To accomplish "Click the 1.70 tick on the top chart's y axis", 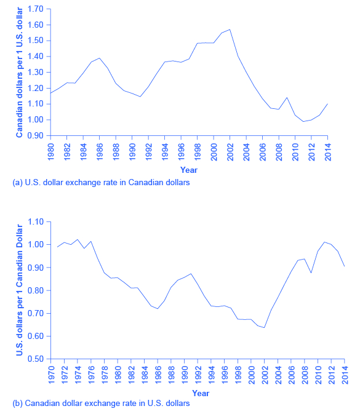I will (x=36, y=10).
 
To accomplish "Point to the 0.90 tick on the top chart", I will (x=36, y=135).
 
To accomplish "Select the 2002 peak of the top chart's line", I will (x=230, y=30).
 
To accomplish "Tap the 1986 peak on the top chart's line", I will (x=100, y=58).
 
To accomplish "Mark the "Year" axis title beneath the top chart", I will (x=189, y=169).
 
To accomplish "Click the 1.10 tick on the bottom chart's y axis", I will (x=36, y=221).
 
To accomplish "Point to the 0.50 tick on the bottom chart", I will (x=36, y=359).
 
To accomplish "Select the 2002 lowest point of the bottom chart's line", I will (x=265, y=328).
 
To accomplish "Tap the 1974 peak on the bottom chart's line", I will (x=78, y=239).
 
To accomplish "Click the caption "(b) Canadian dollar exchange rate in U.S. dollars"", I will (x=101, y=404).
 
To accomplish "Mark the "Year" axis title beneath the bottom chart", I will (x=200, y=392).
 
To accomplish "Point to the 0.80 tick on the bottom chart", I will (x=36, y=290).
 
